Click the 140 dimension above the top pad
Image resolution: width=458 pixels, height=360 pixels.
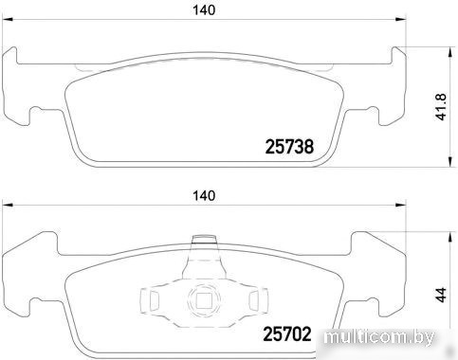[x=204, y=10]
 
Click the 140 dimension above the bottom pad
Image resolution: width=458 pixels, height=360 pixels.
[x=204, y=196]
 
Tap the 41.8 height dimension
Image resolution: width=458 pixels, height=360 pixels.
[x=441, y=106]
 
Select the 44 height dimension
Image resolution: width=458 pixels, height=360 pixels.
[x=441, y=295]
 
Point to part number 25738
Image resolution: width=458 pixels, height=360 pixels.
[x=289, y=147]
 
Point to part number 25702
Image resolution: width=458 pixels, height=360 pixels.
[x=287, y=334]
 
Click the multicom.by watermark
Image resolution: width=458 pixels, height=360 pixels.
[x=379, y=338]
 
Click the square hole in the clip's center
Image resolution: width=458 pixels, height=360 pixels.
[x=204, y=300]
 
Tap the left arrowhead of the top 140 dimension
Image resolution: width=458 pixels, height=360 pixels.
[x=8, y=20]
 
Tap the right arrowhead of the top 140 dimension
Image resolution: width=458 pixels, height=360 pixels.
[x=401, y=20]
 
